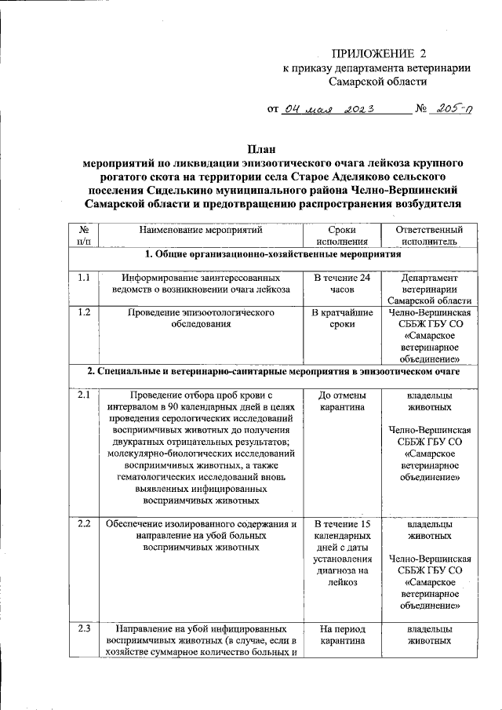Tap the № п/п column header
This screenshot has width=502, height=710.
(84, 236)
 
